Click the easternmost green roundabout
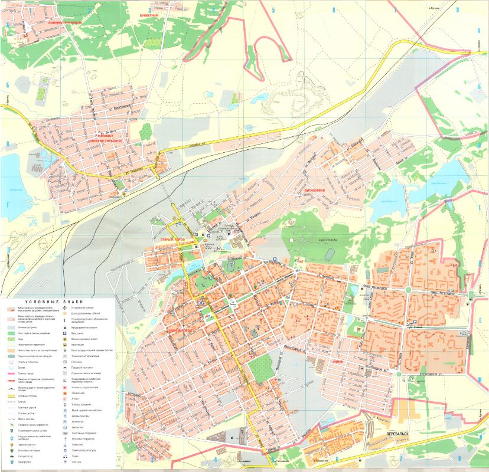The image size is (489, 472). tap(471, 294)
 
